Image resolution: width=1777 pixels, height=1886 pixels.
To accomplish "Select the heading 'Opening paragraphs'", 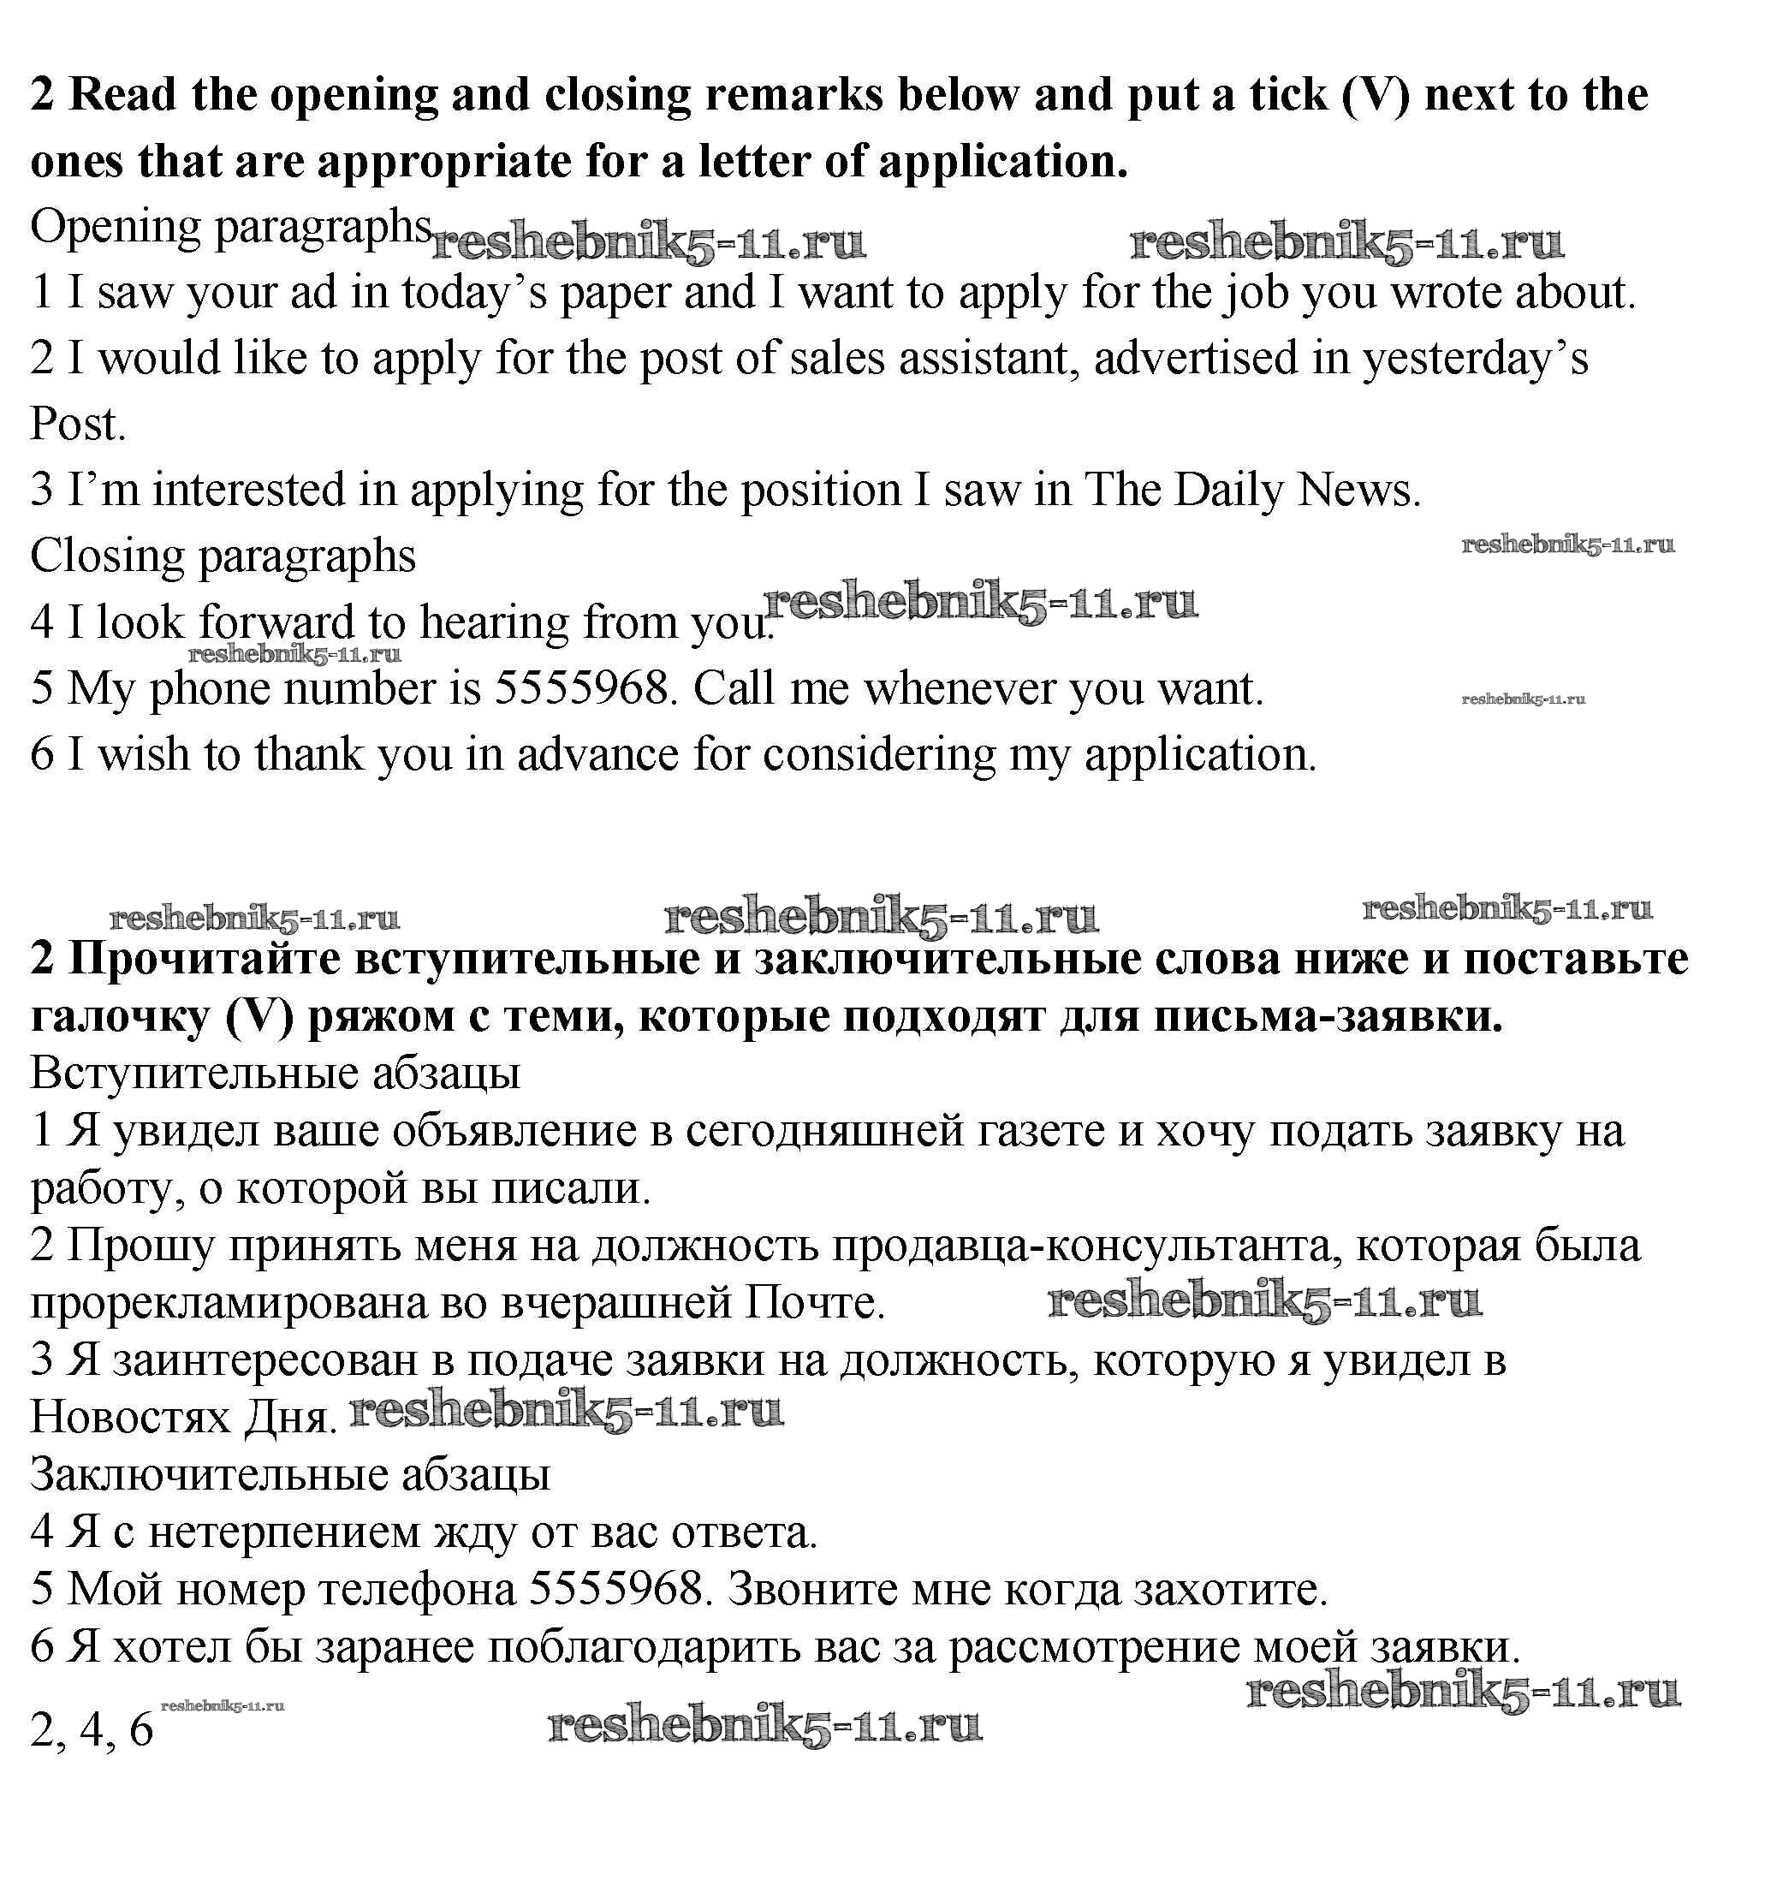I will click(x=230, y=228).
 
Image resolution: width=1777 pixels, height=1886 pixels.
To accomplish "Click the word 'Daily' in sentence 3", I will click(x=1227, y=491).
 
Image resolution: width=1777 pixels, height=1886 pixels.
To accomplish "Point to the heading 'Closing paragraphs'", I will click(x=223, y=556).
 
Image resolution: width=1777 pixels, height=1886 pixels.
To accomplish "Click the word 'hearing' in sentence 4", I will click(x=494, y=623).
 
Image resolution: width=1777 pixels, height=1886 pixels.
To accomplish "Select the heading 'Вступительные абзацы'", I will click(x=275, y=1073).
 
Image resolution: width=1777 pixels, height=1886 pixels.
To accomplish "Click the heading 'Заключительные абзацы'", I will click(x=290, y=1474).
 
